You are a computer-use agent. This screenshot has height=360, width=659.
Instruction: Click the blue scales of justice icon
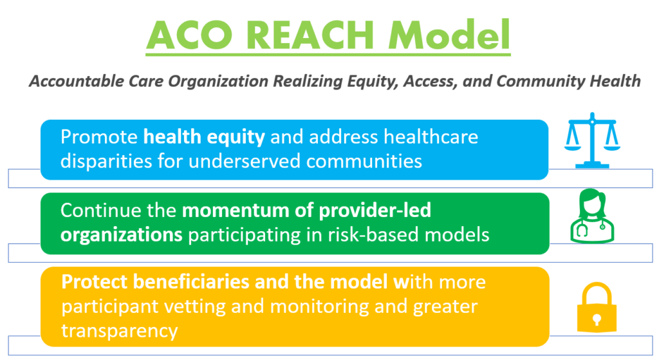[x=592, y=140]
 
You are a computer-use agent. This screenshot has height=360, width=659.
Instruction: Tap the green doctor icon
[x=592, y=216]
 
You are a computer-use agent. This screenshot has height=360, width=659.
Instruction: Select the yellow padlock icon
[x=597, y=308]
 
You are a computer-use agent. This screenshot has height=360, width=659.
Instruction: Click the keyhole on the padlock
[x=597, y=319]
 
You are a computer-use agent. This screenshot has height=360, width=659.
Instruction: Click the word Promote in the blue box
[x=99, y=137]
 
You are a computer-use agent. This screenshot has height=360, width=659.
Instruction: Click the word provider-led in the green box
[x=375, y=211]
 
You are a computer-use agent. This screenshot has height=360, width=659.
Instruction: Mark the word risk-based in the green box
[x=373, y=234]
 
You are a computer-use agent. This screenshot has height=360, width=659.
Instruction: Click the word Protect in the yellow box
[x=95, y=282]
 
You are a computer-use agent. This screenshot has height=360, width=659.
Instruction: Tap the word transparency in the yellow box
[x=120, y=331]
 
